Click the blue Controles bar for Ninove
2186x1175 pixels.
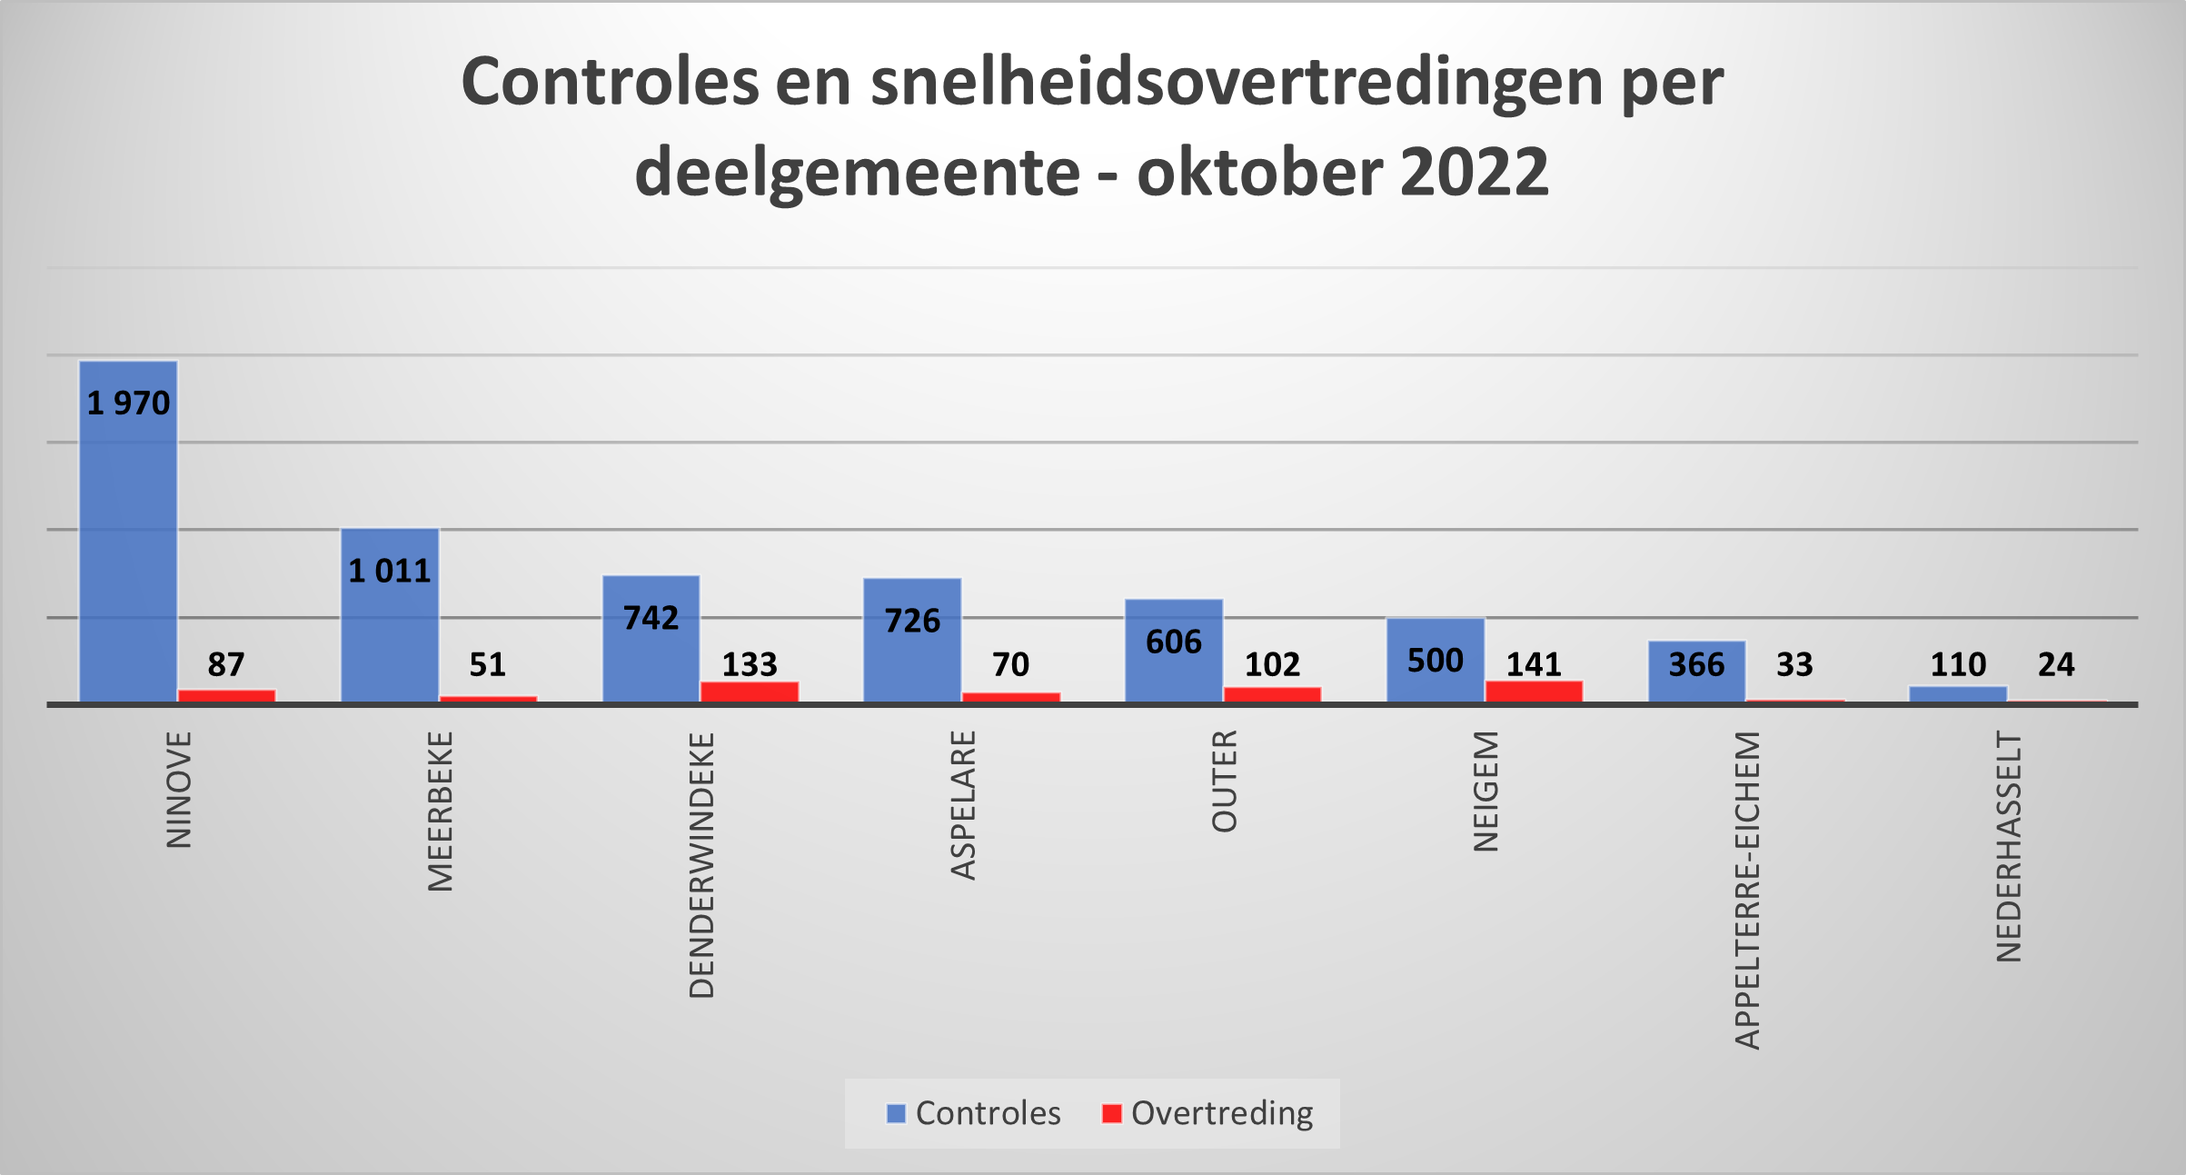tap(128, 545)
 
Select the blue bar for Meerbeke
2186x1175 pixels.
tap(390, 636)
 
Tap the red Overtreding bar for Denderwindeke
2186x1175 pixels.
tap(750, 692)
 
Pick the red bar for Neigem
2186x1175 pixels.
tap(1534, 691)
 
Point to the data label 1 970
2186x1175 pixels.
tap(128, 403)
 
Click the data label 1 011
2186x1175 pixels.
tap(390, 571)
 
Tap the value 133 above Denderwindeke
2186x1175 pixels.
tap(750, 664)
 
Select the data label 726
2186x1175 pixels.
tap(912, 621)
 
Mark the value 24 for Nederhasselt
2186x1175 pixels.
tap(2056, 664)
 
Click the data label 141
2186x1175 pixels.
tap(1534, 664)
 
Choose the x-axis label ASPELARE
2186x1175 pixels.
tap(963, 805)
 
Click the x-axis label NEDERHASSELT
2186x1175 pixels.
tap(2009, 847)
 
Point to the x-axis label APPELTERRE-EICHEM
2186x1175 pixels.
tap(1747, 891)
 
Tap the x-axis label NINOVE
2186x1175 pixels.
tap(179, 790)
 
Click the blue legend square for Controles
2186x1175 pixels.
tap(896, 1113)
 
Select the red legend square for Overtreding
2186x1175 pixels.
tap(1111, 1113)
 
